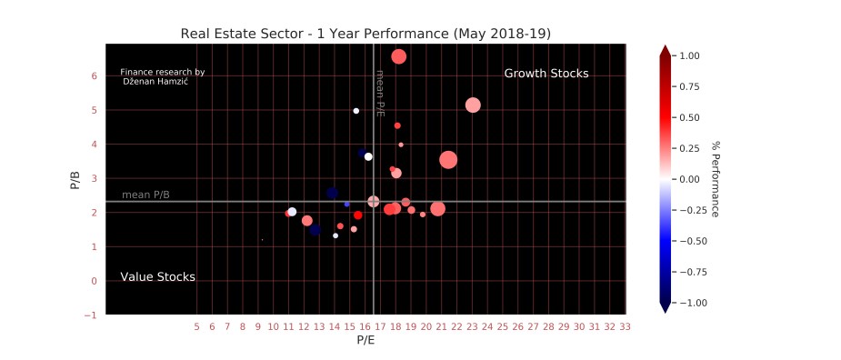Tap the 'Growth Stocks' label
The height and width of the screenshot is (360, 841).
click(x=546, y=74)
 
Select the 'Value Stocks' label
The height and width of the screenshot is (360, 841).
click(x=157, y=277)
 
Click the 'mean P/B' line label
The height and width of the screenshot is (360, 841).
click(x=145, y=195)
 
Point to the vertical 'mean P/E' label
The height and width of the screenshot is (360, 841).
click(x=380, y=93)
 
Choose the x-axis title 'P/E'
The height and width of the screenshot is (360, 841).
click(x=365, y=341)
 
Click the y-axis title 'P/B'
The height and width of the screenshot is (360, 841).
click(x=75, y=180)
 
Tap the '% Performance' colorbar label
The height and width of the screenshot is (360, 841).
click(x=716, y=178)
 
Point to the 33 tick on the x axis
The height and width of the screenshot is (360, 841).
click(x=625, y=325)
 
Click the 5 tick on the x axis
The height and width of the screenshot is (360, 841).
click(x=197, y=325)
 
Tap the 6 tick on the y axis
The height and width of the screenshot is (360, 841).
click(x=94, y=76)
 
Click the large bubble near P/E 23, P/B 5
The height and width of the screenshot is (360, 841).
click(x=473, y=105)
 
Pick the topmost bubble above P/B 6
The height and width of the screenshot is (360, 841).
click(x=398, y=56)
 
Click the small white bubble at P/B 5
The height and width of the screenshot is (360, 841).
click(x=356, y=111)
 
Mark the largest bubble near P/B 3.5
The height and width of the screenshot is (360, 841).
click(x=448, y=160)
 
